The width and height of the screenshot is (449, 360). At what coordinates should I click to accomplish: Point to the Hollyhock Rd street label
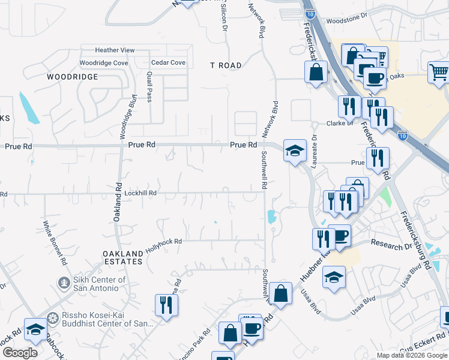tap(163, 241)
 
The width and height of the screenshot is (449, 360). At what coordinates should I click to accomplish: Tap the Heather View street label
tap(115, 50)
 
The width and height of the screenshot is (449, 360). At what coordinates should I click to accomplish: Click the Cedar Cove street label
tap(168, 62)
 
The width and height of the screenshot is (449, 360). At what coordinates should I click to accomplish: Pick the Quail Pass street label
tap(148, 88)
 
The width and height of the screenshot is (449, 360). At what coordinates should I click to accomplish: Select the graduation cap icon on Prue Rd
tap(295, 151)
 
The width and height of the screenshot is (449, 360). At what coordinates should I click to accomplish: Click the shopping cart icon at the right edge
tap(439, 73)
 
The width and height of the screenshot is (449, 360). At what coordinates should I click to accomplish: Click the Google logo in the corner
tap(20, 353)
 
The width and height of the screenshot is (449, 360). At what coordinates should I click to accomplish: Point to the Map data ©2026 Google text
tap(412, 355)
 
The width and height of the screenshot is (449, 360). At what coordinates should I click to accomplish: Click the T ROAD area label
tap(226, 65)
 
